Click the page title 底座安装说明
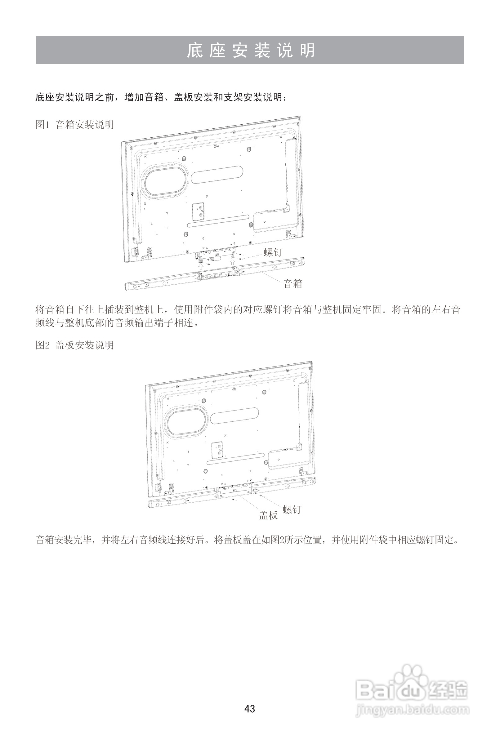coord(250,50)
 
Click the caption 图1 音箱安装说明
coord(75,125)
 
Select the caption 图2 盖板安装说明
coord(75,345)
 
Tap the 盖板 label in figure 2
coord(268,515)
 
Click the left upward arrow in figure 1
coord(201,266)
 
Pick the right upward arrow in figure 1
coord(233,262)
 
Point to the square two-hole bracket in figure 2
coord(218,450)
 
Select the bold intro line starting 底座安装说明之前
coord(161,97)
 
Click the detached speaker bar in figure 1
coord(215,275)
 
